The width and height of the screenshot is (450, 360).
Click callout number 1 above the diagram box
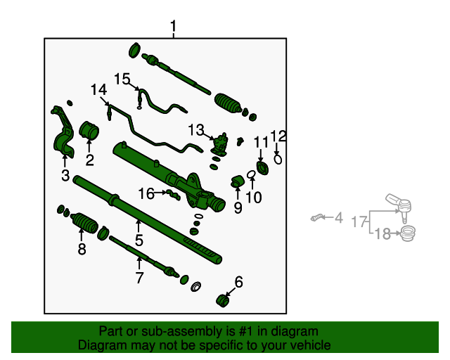(x=173, y=27)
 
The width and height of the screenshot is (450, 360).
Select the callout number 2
(x=89, y=160)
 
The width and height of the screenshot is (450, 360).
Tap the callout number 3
(x=65, y=175)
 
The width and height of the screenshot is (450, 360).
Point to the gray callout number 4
(x=339, y=218)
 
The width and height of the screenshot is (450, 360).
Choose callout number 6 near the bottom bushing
(x=238, y=283)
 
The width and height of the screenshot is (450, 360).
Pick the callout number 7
(x=139, y=278)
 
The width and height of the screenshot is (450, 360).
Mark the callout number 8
(x=82, y=249)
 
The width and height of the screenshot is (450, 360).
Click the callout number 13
(x=195, y=130)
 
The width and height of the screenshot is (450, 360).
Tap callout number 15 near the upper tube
(x=123, y=79)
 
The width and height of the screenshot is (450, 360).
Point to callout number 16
(x=146, y=193)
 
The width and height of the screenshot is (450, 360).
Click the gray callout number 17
(x=358, y=222)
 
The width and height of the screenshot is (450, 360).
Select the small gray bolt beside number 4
(x=319, y=218)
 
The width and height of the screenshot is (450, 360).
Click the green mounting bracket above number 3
(x=63, y=134)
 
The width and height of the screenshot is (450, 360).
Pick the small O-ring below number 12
(x=278, y=159)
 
